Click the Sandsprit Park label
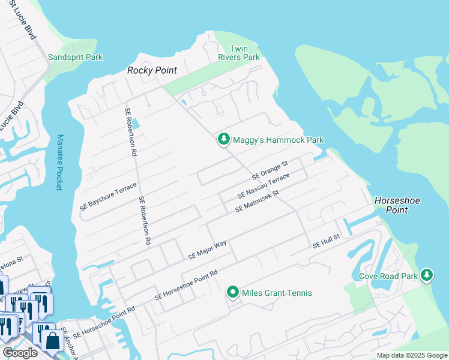click(75, 58)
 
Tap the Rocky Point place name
click(152, 71)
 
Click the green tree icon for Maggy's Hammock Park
click(223, 139)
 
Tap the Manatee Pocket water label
click(59, 162)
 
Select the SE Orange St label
click(270, 170)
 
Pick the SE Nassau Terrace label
click(264, 186)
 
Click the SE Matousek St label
click(258, 201)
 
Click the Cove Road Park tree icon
click(427, 275)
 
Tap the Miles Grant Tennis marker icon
click(232, 292)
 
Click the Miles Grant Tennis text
click(277, 293)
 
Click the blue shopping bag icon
click(52, 340)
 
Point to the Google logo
click(20, 353)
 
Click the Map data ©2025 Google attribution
click(411, 355)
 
